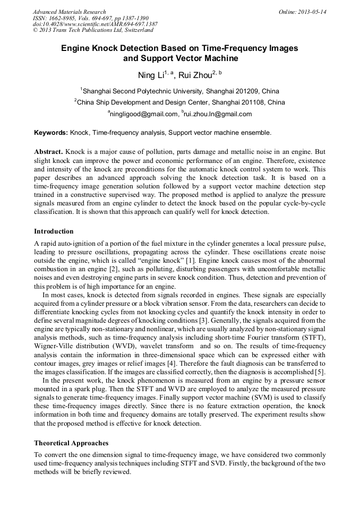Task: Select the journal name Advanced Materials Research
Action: click(69, 12)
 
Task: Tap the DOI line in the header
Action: click(95, 24)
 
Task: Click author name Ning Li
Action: click(150, 75)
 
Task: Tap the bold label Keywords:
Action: click(51, 133)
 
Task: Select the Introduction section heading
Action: click(54, 231)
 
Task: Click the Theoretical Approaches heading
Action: click(71, 443)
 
